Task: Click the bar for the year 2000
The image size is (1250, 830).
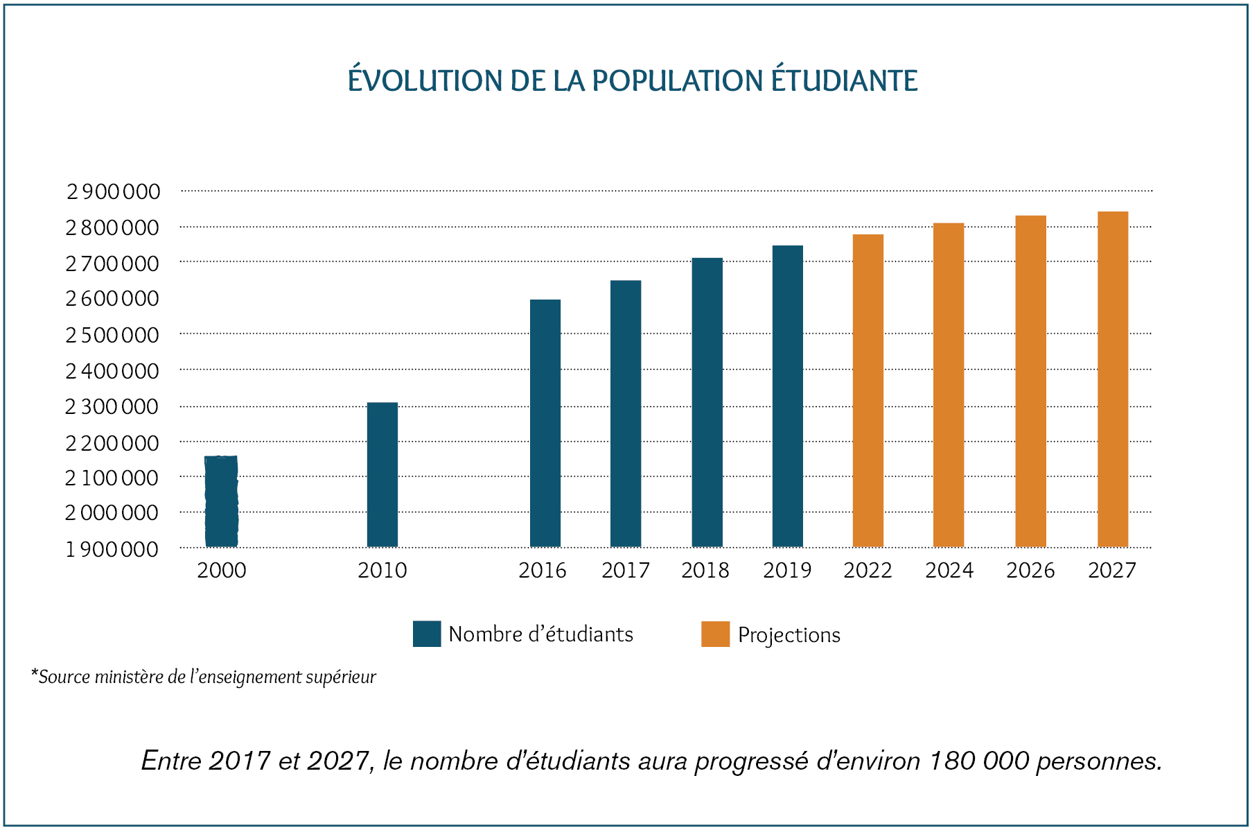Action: click(222, 501)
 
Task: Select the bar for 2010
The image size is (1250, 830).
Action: click(382, 474)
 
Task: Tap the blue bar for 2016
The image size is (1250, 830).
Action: click(545, 423)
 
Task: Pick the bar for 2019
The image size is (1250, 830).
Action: click(788, 396)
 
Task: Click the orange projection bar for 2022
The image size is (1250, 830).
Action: click(868, 390)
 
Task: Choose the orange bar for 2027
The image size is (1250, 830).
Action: click(1113, 379)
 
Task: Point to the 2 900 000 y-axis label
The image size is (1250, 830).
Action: click(114, 191)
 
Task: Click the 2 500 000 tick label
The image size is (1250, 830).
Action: click(112, 335)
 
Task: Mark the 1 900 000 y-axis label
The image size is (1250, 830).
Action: click(112, 549)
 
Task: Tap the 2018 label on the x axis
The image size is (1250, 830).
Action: click(705, 571)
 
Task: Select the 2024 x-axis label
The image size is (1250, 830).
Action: click(949, 571)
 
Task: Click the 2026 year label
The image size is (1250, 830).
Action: click(1030, 571)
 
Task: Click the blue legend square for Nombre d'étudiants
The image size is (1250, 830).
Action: click(427, 634)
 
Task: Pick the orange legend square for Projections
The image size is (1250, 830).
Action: click(715, 634)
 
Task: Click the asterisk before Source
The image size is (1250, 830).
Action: click(34, 674)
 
